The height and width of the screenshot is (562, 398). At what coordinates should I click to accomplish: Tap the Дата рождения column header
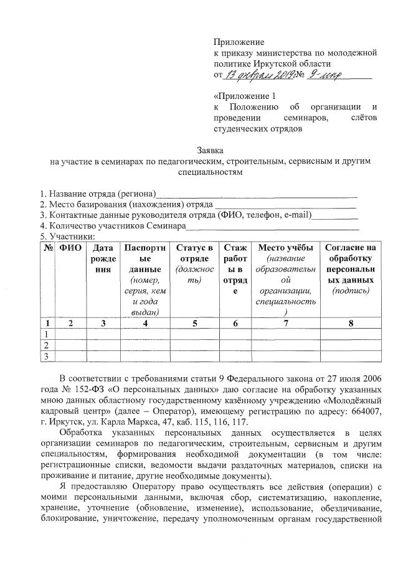click(102, 258)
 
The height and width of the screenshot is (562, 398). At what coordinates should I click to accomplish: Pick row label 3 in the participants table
click(46, 355)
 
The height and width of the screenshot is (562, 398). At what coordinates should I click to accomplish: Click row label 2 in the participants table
click(46, 345)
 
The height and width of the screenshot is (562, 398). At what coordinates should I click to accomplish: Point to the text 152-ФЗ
click(78, 390)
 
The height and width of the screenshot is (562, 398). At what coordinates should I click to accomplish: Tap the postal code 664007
click(361, 411)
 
